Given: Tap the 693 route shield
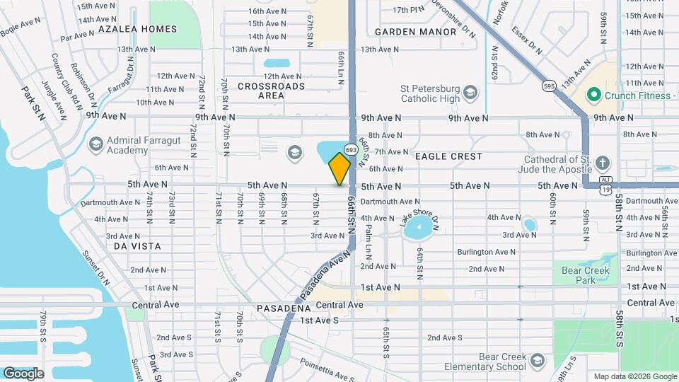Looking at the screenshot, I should [350, 149].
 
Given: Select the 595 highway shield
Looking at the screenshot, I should [549, 86].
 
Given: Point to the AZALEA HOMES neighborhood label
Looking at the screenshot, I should [137, 29].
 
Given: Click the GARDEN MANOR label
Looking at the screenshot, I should [415, 32].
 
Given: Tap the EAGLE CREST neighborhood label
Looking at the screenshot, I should [448, 156].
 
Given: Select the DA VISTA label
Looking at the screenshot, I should [137, 246].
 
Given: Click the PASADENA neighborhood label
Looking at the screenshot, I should [284, 309].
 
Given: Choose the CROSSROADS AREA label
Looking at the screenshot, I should [271, 91].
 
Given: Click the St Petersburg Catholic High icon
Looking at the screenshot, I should [471, 93].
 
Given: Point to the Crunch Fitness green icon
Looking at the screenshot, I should [593, 95].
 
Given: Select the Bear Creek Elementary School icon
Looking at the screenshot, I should [537, 360].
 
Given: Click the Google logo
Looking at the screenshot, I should [23, 373].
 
